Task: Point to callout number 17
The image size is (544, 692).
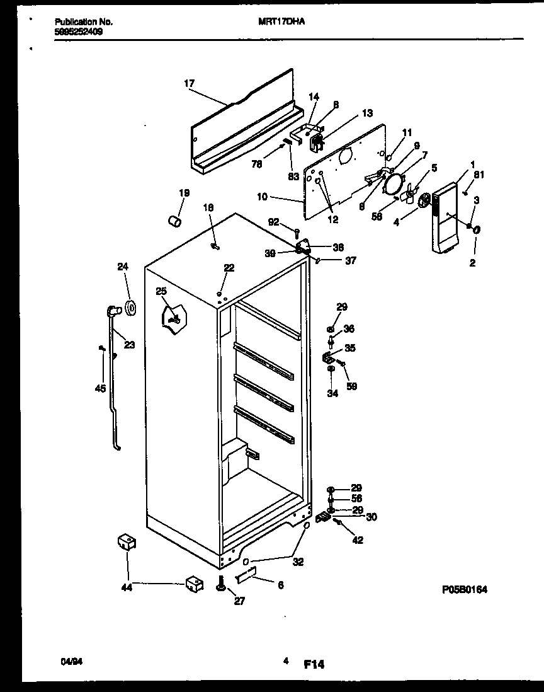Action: [190, 83]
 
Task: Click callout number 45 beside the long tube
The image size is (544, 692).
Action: [100, 388]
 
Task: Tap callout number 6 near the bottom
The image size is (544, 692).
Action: [280, 585]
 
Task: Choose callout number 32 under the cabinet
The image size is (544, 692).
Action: [298, 562]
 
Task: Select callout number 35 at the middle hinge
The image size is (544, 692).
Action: [349, 347]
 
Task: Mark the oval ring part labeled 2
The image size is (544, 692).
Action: [476, 231]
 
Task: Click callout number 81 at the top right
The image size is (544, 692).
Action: [480, 175]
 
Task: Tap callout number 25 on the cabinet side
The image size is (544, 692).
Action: [161, 291]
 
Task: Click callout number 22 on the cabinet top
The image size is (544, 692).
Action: [229, 268]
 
